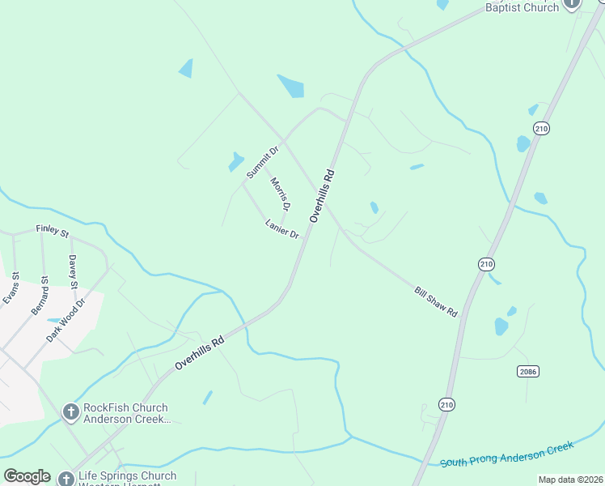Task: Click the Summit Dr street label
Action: pos(263,162)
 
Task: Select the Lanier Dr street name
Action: pos(282,229)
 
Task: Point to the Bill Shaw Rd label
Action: pos(436,301)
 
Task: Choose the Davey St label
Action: pos(73,271)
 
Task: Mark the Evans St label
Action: pos(11,288)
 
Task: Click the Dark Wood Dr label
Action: pos(66,319)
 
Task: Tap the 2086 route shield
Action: pos(527,371)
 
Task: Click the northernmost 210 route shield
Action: pos(542,128)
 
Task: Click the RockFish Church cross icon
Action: pos(70,413)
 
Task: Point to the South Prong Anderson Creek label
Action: pos(506,454)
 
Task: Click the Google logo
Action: pos(27,475)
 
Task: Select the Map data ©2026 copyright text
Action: pos(569,480)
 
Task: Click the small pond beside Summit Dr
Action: pos(236,161)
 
